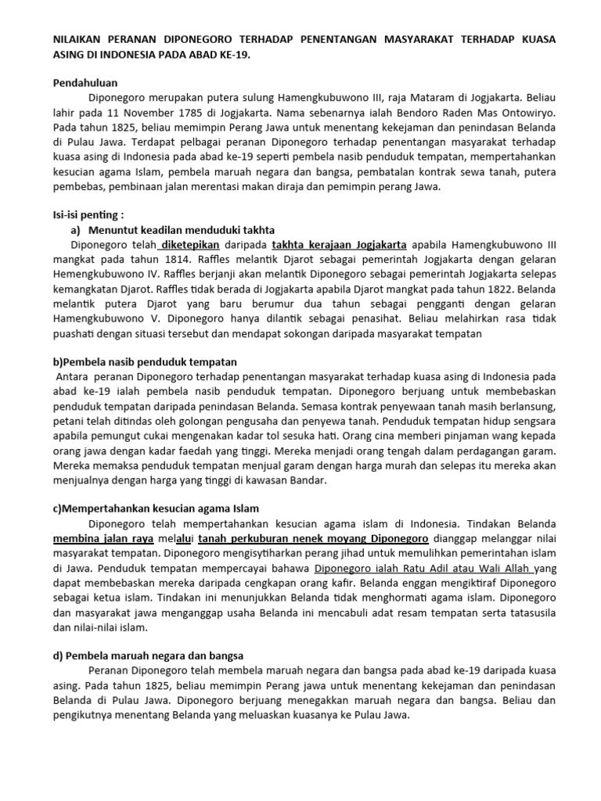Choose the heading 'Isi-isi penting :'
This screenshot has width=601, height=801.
[88, 215]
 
